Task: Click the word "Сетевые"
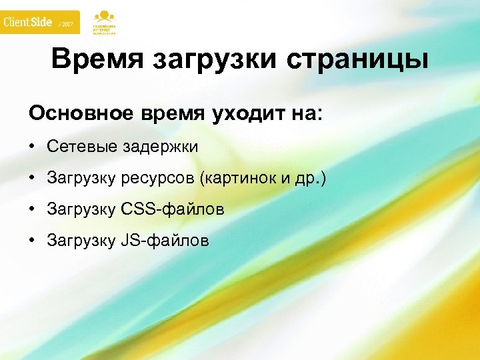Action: (x=82, y=147)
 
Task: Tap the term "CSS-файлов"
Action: (x=173, y=209)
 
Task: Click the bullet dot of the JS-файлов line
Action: (x=32, y=240)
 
